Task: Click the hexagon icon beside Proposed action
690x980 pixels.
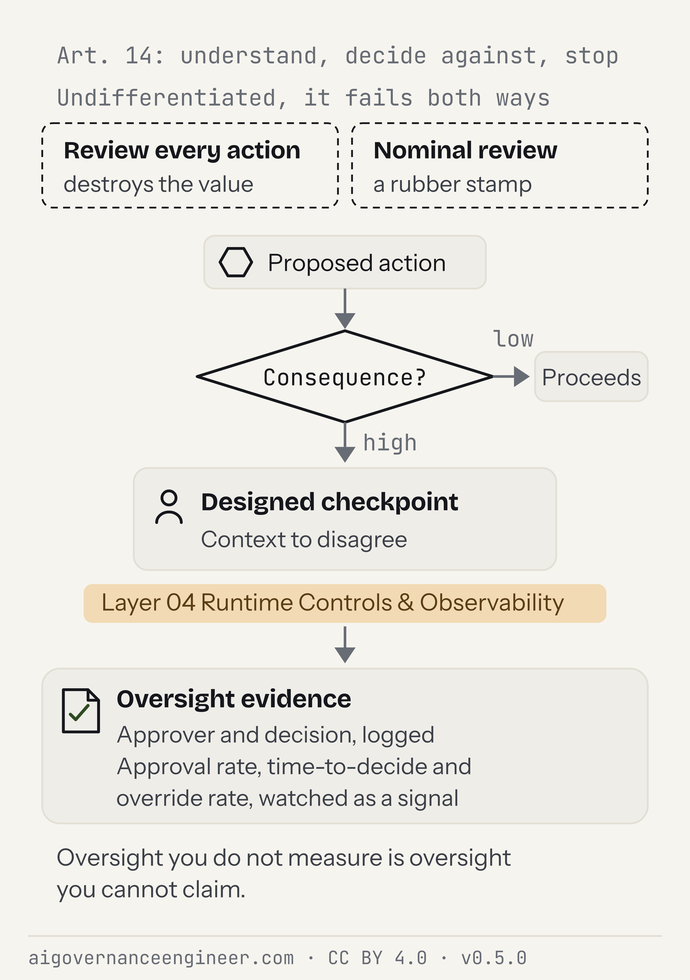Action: click(236, 262)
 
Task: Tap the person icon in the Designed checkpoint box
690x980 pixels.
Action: click(169, 507)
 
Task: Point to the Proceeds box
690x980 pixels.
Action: click(591, 377)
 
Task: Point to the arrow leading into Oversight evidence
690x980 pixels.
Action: click(345, 644)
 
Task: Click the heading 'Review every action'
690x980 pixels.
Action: click(182, 151)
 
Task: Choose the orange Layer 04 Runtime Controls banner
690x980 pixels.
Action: click(345, 603)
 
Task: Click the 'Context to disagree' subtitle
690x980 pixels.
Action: click(304, 539)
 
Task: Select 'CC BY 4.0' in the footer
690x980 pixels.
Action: click(377, 958)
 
